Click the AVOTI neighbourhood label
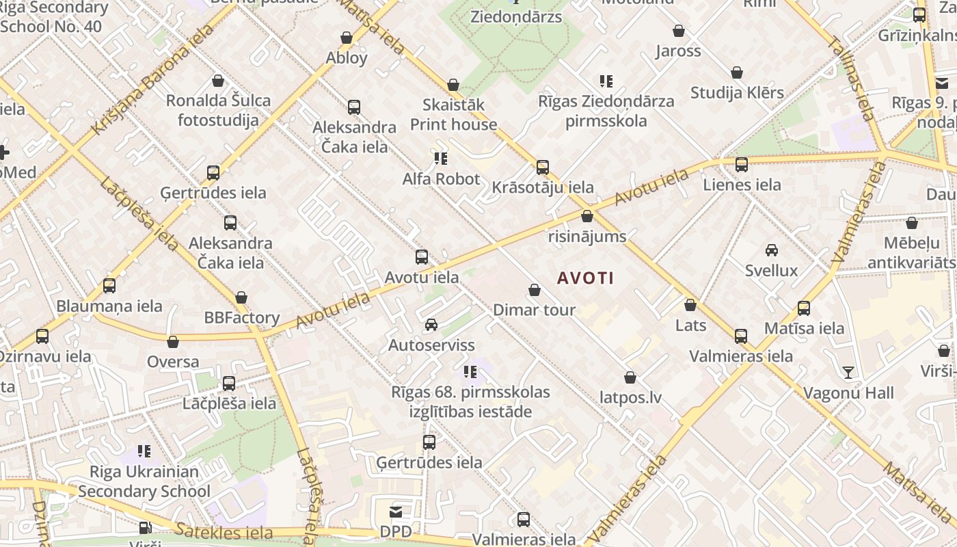point(585,278)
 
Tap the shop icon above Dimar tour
point(535,291)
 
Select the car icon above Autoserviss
point(431,325)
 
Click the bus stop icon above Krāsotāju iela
point(543,167)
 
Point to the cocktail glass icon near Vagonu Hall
point(848,373)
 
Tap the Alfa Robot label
point(441,179)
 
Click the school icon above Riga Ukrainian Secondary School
point(144,451)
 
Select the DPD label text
point(396,531)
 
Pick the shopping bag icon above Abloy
point(347,38)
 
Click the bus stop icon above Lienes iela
point(742,165)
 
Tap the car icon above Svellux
point(772,250)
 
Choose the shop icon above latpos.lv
point(630,377)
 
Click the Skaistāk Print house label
point(453,115)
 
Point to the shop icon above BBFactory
point(241,298)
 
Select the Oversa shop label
point(174,362)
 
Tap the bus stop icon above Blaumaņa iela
point(109,286)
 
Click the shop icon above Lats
point(690,305)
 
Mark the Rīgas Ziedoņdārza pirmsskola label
point(606,111)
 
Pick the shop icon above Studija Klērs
point(737,73)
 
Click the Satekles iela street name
point(224,532)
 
